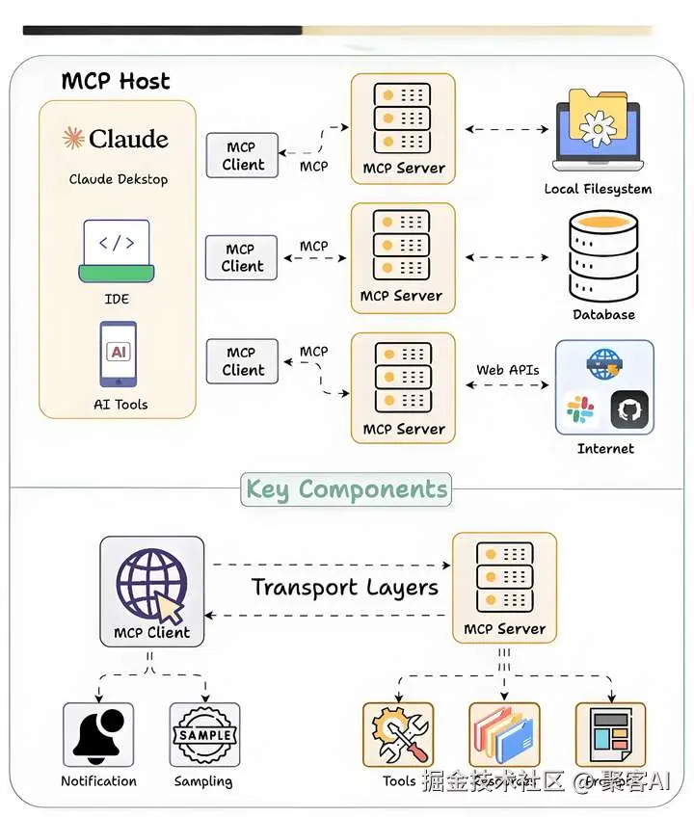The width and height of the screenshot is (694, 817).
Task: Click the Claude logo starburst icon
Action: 73,139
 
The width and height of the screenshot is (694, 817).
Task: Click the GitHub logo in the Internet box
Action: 629,410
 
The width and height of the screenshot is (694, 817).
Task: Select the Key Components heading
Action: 346,489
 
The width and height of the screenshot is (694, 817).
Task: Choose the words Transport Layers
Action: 344,588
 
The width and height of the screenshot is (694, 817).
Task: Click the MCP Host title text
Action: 116,81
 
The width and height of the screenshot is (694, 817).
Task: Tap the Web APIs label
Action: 508,369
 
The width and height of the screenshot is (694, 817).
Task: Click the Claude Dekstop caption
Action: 118,179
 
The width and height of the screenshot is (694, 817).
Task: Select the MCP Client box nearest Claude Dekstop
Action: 242,156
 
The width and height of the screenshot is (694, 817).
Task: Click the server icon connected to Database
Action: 402,246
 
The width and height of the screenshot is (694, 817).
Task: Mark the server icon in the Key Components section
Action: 504,579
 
